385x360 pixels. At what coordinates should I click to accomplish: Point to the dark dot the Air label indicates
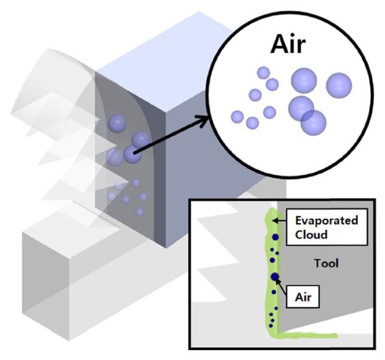tap(275, 278)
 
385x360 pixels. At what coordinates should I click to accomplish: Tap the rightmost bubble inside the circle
tap(339, 85)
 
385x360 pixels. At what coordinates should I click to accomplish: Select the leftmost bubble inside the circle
tap(237, 117)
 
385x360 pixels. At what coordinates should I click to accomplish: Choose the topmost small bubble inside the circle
tap(263, 72)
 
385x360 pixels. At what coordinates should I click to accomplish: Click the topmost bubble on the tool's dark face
tap(116, 124)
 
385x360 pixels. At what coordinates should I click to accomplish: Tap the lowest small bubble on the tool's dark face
tap(140, 212)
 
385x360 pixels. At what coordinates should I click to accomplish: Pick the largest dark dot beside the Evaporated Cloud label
tap(275, 237)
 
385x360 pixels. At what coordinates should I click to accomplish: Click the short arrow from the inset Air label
tap(282, 288)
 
